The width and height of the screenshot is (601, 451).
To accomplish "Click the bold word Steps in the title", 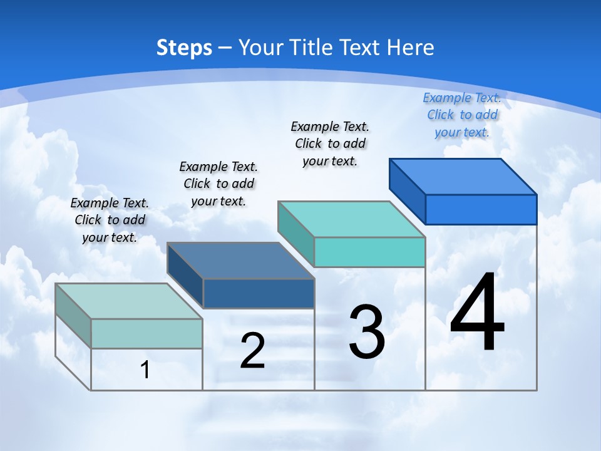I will point(184,48).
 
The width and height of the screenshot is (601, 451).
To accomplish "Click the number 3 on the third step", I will point(367,332).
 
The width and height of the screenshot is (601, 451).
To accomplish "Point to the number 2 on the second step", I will point(252,351).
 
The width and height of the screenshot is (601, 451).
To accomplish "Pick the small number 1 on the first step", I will point(145,370).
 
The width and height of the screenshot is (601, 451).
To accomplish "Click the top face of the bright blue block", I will point(463,176).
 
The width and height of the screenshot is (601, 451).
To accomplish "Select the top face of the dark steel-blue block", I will point(241,261).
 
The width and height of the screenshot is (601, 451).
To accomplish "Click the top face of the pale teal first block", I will point(129,301).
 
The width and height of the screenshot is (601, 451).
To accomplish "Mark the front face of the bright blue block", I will point(481,209).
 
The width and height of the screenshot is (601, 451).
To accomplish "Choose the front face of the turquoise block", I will point(369,252).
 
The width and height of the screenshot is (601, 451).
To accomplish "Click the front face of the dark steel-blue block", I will point(259,293).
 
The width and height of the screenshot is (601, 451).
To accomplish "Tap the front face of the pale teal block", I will point(146,333).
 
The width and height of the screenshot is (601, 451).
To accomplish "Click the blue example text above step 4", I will point(462,115).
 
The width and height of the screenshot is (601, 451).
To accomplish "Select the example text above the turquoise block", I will point(331,143).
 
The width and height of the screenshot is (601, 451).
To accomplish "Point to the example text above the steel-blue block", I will point(218,184).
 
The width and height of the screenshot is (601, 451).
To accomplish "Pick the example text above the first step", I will point(110,220).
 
